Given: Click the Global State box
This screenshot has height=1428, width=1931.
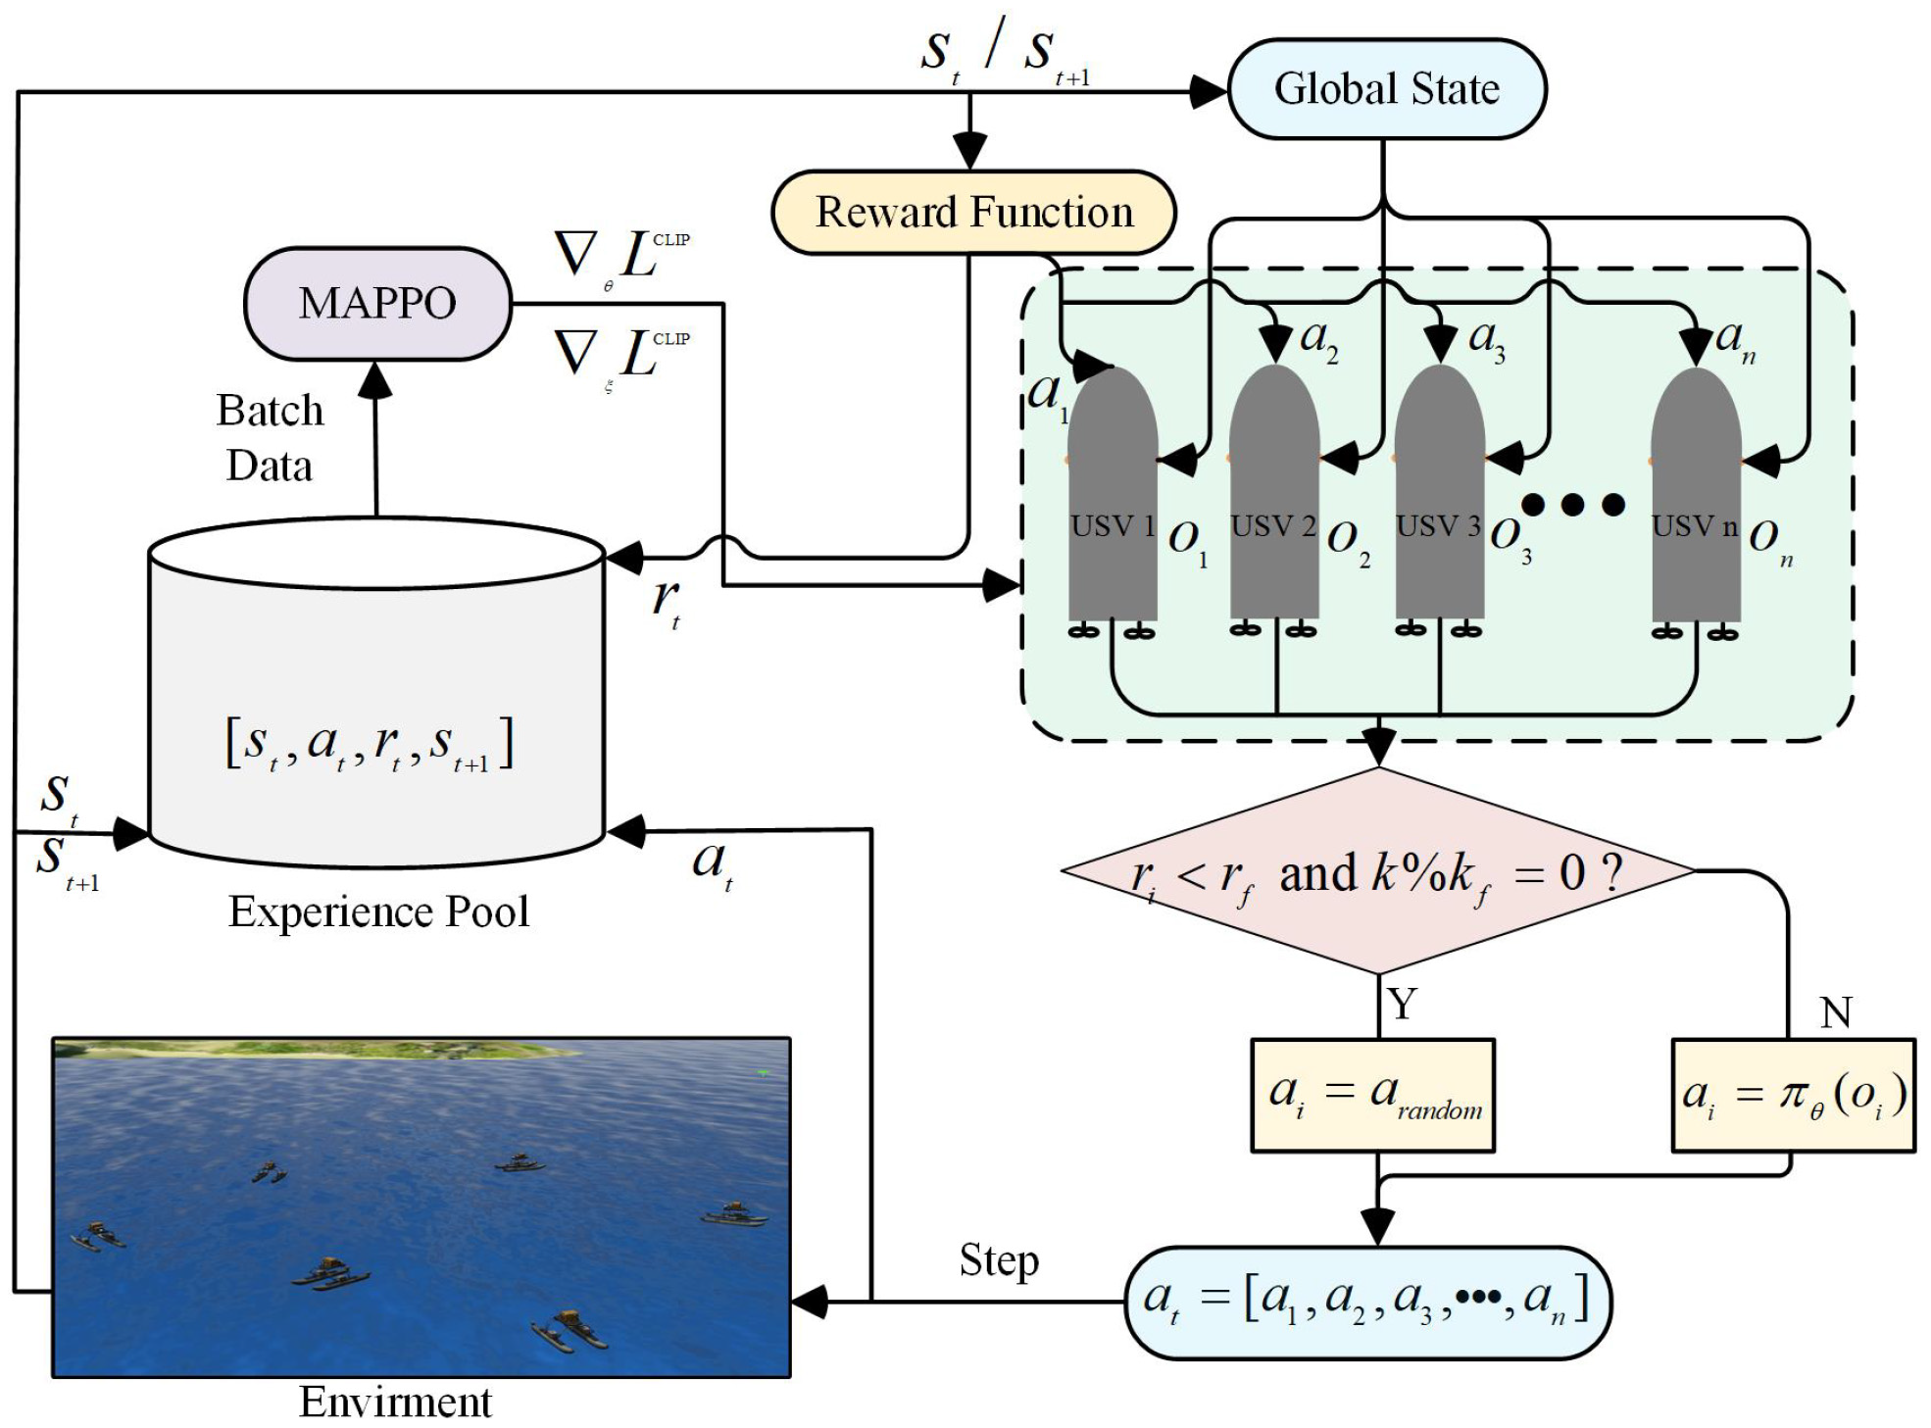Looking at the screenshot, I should pos(1386,89).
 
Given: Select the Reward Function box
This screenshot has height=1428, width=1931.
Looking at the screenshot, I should pos(973,213).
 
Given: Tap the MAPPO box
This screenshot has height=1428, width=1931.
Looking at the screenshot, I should pos(377,304).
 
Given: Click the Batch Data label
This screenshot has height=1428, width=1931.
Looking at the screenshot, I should pos(270,438).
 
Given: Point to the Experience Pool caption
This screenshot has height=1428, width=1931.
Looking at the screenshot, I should pos(378,911).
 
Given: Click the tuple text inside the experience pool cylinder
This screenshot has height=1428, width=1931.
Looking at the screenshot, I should pos(370,745).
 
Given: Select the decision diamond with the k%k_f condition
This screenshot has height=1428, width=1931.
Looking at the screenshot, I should pos(1378,871).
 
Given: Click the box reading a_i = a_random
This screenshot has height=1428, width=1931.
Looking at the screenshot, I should pos(1372,1095).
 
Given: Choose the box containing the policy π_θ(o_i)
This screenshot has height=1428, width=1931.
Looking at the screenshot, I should pos(1793,1095).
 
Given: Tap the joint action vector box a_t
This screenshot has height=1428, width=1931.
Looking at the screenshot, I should pos(1367,1303).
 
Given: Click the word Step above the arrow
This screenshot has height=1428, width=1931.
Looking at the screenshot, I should pos(998,1260).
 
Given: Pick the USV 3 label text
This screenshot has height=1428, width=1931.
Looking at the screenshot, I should pos(1438,526).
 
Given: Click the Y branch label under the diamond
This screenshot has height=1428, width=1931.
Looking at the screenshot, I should pos(1403,1004).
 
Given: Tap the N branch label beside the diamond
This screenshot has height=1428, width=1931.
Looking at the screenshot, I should pos(1835,1012).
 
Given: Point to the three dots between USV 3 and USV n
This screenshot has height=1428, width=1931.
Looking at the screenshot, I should pos(1572,505).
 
